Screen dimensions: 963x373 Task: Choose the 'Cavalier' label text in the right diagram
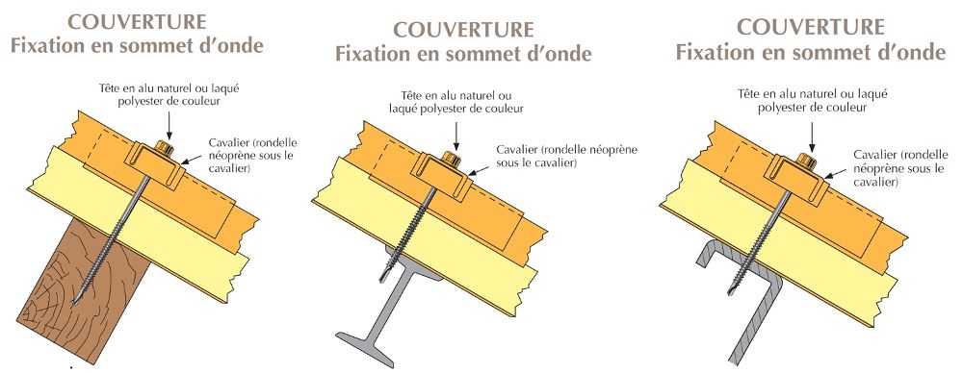click(x=880, y=156)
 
